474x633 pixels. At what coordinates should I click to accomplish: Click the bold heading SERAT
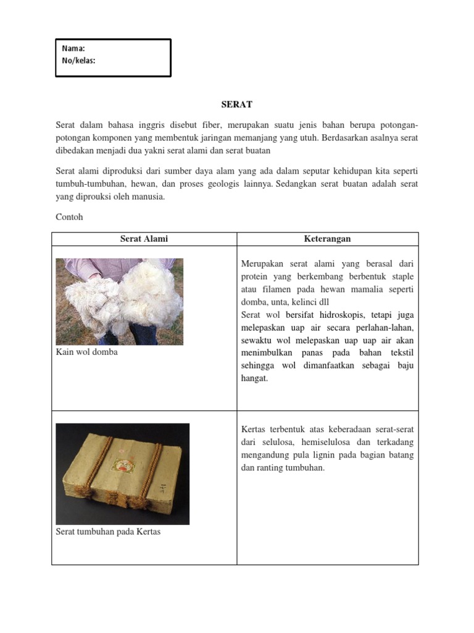point(237,105)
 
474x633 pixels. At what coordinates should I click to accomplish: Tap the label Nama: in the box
point(73,48)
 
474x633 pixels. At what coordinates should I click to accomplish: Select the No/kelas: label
point(78,61)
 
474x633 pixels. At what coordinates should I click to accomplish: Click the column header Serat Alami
point(144,239)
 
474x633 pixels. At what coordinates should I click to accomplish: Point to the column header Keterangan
point(327,239)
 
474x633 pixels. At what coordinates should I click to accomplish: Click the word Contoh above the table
point(69,217)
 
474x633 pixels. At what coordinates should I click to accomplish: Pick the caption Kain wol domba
point(86,352)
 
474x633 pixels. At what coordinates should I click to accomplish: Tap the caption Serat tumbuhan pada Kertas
point(108,531)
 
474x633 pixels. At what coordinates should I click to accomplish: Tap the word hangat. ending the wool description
point(254,378)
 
